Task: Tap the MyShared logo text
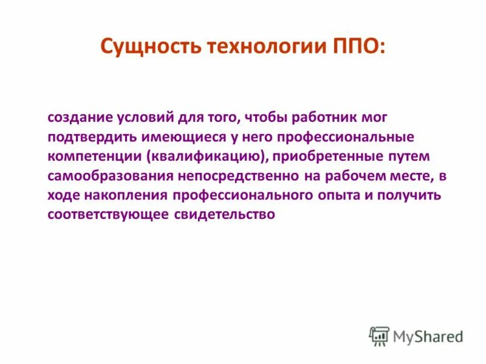pos(428,336)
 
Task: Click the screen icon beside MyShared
pos(379,336)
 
